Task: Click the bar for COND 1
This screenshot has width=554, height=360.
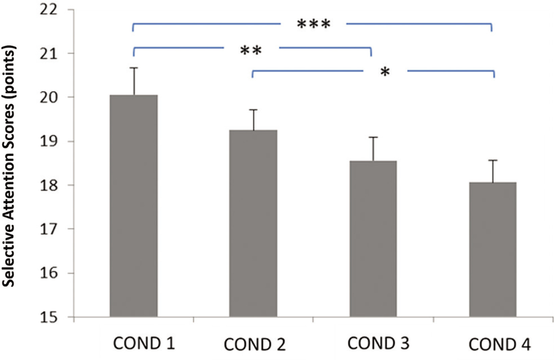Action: pos(134,206)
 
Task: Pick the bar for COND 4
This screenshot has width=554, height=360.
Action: pos(493,250)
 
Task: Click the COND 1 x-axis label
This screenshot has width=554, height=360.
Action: pos(144,344)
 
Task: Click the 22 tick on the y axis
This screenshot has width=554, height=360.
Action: pos(49,10)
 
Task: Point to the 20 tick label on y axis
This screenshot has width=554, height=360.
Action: pos(49,98)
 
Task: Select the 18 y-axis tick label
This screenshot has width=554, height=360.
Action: pos(49,185)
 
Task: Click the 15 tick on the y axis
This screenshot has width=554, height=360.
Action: pos(49,317)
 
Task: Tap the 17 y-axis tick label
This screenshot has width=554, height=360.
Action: pos(49,229)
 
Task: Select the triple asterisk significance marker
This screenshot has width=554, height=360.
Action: pos(314,25)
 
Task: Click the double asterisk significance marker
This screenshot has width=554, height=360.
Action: pos(251,51)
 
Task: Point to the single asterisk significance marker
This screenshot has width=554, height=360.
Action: pos(385,72)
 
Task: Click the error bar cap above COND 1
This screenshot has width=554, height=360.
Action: pos(134,68)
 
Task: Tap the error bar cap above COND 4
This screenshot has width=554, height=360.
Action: pos(493,160)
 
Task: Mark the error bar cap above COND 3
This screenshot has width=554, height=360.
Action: pos(373,137)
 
